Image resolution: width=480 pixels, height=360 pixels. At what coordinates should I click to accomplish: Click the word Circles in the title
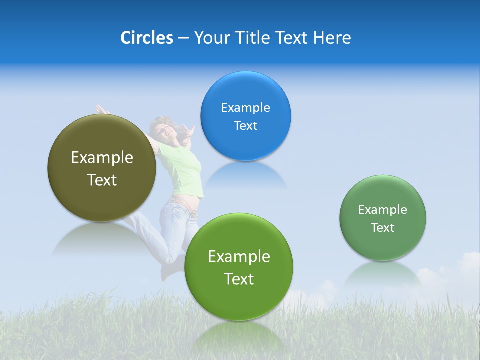pyautogui.click(x=146, y=38)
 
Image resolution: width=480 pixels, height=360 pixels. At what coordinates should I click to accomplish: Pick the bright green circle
pyautogui.click(x=239, y=300)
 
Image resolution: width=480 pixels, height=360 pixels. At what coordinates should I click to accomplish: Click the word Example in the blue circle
pyautogui.click(x=245, y=108)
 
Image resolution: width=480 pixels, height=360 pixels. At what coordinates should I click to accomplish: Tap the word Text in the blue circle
pyautogui.click(x=245, y=126)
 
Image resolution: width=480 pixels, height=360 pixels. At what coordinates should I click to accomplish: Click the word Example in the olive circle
pyautogui.click(x=102, y=158)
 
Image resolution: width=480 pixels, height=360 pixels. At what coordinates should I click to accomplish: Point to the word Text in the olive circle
pyautogui.click(x=102, y=180)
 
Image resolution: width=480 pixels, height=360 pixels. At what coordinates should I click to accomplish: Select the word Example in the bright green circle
pyautogui.click(x=239, y=257)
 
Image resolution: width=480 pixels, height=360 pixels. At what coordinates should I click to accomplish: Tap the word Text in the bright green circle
pyautogui.click(x=239, y=279)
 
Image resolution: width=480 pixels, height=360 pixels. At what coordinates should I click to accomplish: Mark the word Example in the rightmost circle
pyautogui.click(x=383, y=210)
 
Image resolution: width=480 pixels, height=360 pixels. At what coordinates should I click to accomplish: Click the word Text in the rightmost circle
pyautogui.click(x=383, y=228)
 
